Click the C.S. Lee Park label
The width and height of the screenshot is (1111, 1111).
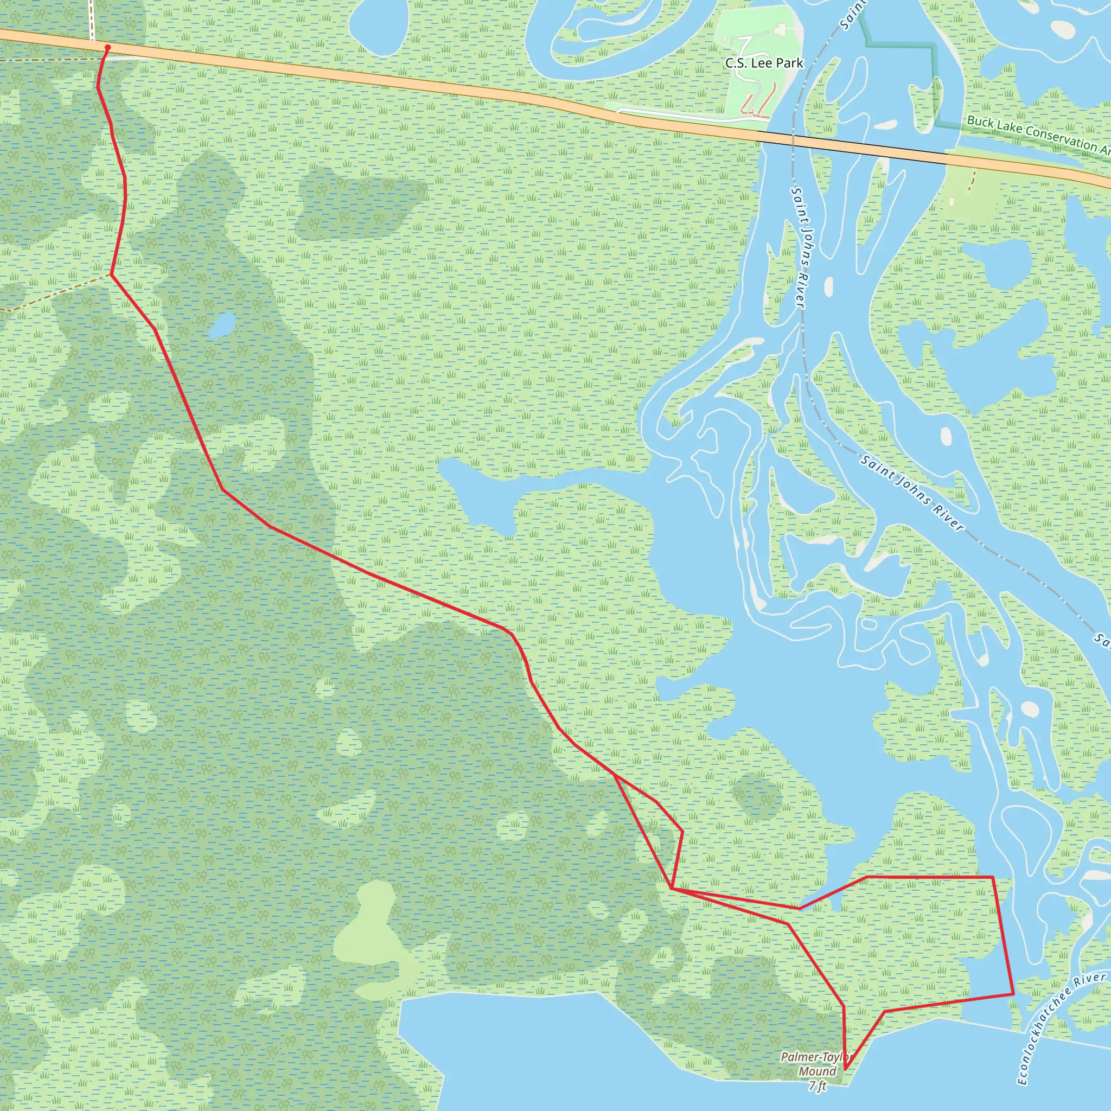[764, 63]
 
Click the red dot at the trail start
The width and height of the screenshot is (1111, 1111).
[107, 48]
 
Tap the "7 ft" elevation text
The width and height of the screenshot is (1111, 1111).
[817, 1086]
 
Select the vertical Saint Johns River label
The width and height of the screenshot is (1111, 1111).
[797, 247]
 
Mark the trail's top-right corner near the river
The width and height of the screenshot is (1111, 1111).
[993, 877]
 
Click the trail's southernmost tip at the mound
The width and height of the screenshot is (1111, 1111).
[845, 1069]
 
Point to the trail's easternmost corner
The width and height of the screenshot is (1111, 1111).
[1013, 994]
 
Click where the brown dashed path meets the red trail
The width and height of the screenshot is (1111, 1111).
[111, 275]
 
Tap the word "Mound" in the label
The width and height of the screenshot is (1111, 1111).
[817, 1071]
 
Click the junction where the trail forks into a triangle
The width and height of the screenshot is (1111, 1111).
[615, 776]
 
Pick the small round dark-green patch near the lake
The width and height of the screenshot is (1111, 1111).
[757, 797]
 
